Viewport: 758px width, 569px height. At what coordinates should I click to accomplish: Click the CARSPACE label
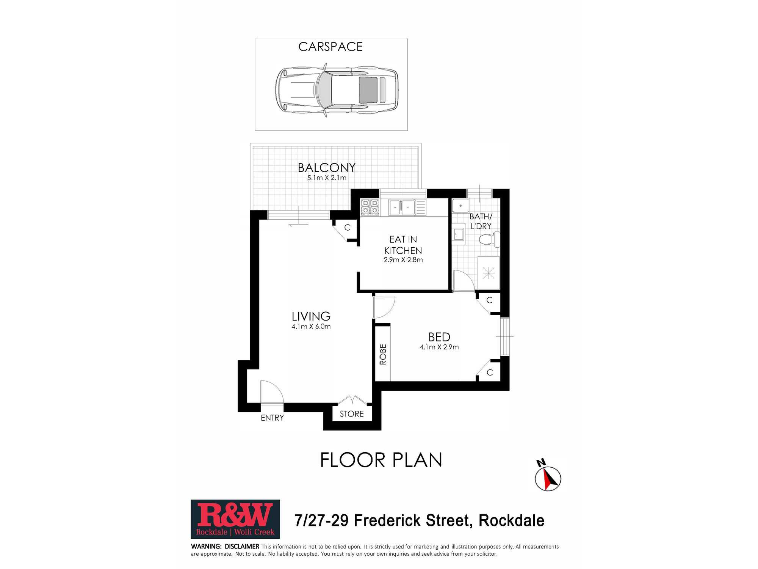click(330, 47)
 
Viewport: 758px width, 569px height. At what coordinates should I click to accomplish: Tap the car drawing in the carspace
click(337, 90)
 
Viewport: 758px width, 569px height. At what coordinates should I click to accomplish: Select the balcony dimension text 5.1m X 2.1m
click(327, 178)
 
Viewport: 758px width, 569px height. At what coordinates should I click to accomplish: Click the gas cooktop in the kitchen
click(370, 207)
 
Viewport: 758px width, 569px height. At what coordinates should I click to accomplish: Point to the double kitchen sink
click(402, 207)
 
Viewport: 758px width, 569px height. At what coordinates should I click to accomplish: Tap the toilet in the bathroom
click(489, 239)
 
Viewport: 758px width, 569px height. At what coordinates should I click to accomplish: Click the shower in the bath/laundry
click(489, 273)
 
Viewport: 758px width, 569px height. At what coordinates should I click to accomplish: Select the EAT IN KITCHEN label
click(403, 245)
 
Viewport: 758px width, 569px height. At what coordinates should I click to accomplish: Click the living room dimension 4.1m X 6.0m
click(311, 327)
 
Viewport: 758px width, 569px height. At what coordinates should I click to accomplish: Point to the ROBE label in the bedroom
click(383, 354)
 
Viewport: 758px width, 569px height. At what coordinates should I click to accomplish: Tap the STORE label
click(352, 414)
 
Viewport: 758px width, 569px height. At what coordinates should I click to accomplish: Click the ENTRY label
click(272, 418)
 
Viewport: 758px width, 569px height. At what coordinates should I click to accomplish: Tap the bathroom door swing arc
click(468, 276)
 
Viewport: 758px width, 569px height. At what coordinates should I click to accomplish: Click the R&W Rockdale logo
click(235, 519)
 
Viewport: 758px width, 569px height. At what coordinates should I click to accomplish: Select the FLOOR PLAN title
click(381, 460)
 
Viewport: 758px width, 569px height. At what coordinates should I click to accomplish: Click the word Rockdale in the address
click(511, 520)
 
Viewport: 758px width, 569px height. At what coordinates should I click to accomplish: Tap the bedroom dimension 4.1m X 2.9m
click(439, 347)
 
